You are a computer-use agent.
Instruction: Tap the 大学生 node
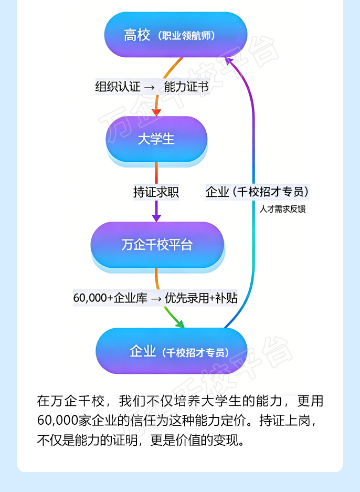pos(156,139)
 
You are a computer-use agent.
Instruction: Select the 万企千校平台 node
pos(157,245)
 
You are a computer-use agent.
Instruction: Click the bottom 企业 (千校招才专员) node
pos(172,351)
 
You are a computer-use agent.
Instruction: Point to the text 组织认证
pos(117,87)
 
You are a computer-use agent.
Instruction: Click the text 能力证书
pos(187,87)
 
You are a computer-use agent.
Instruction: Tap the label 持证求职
pos(156,192)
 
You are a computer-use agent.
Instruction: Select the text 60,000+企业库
pos(110,298)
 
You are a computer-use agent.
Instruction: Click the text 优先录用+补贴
pos(201,298)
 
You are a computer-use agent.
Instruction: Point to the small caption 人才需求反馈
pos(282,209)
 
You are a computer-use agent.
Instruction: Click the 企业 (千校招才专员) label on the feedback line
pos(257,192)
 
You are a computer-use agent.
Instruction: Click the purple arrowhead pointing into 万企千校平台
pos(156,217)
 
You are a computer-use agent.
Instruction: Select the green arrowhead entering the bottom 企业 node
pos(179,324)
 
